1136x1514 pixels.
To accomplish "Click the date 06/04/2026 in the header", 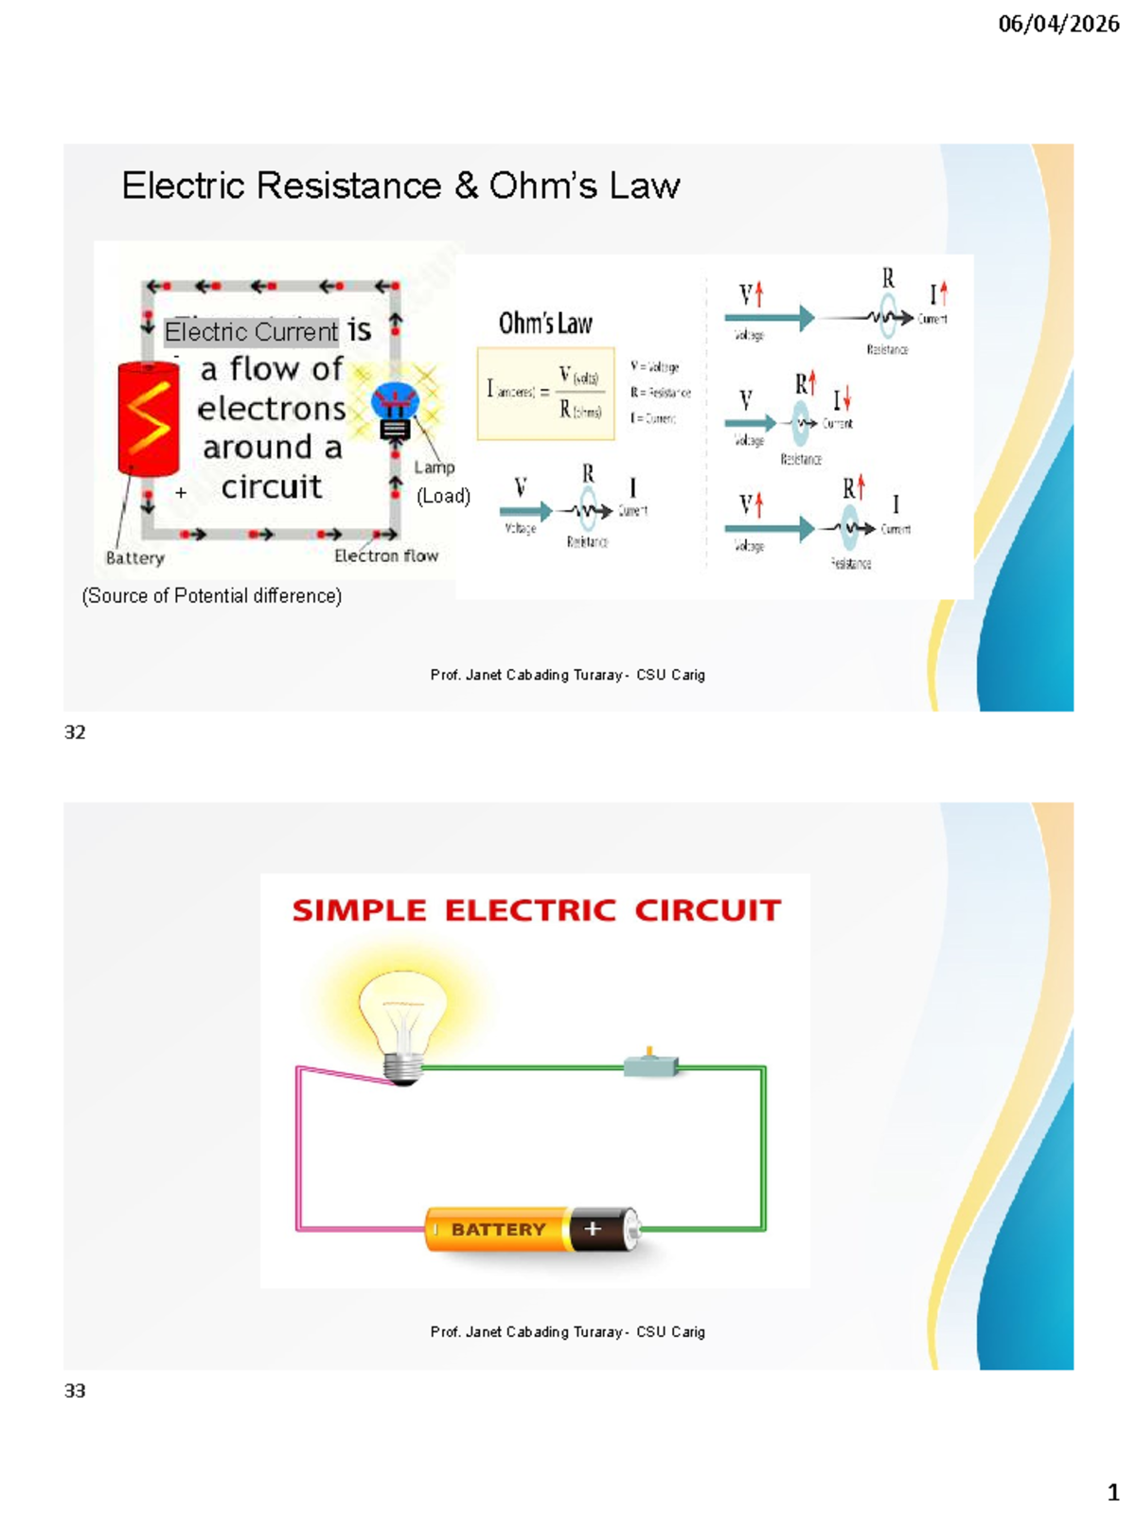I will click(1058, 24).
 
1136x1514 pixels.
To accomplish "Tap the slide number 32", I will click(75, 732).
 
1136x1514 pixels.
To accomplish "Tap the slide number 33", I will click(75, 1391).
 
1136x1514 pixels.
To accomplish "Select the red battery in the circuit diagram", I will click(149, 418).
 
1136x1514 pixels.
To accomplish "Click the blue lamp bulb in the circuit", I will click(395, 402).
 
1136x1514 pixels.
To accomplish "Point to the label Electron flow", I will click(386, 555).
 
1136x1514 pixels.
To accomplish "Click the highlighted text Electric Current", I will click(251, 331).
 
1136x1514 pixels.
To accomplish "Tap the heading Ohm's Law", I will click(545, 324).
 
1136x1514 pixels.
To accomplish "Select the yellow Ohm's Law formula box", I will click(545, 394).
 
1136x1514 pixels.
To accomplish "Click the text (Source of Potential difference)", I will click(212, 595).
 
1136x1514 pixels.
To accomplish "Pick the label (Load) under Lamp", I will click(443, 496).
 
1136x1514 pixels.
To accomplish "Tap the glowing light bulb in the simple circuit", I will click(403, 1022).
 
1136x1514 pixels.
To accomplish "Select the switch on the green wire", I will click(650, 1066).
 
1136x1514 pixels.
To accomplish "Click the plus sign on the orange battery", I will click(594, 1228).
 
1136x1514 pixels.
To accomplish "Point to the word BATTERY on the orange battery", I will click(498, 1229).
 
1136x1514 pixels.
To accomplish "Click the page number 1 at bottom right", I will click(1113, 1492).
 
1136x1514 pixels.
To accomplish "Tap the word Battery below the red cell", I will click(134, 558).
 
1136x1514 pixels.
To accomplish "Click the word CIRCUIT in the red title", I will click(708, 910).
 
